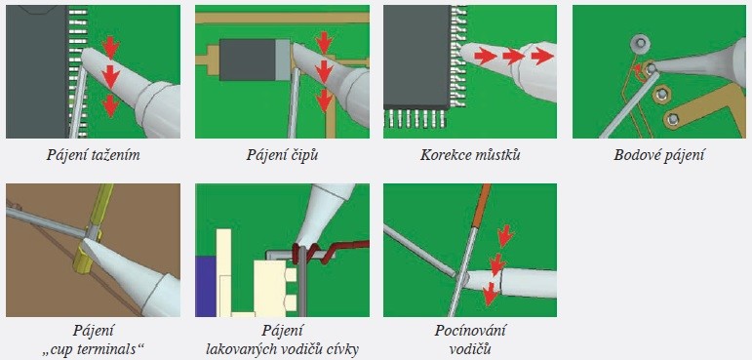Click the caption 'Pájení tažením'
pos(93,154)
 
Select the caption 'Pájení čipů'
pos(282,154)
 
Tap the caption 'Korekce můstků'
pos(470,154)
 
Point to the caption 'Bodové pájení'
pos(659,154)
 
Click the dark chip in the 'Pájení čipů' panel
pos(247,60)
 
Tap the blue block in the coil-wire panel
pos(205,286)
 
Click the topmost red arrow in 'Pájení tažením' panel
pos(111,47)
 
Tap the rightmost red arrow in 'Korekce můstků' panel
pos(542,57)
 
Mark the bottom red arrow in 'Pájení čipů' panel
pos(324,100)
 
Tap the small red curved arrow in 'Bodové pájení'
pos(638,71)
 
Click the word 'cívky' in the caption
pos(343,349)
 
